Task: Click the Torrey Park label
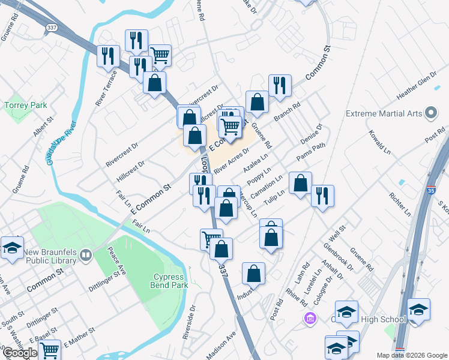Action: click(x=26, y=105)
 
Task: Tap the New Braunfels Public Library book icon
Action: click(x=86, y=256)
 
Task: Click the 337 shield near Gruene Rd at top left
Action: click(x=52, y=28)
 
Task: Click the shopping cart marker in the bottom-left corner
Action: click(x=49, y=350)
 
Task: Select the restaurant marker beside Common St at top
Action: click(x=280, y=85)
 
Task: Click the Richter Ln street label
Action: click(x=399, y=204)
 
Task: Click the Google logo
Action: click(x=20, y=353)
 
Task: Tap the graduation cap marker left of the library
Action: click(x=12, y=248)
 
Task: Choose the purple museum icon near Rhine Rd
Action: click(x=310, y=317)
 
